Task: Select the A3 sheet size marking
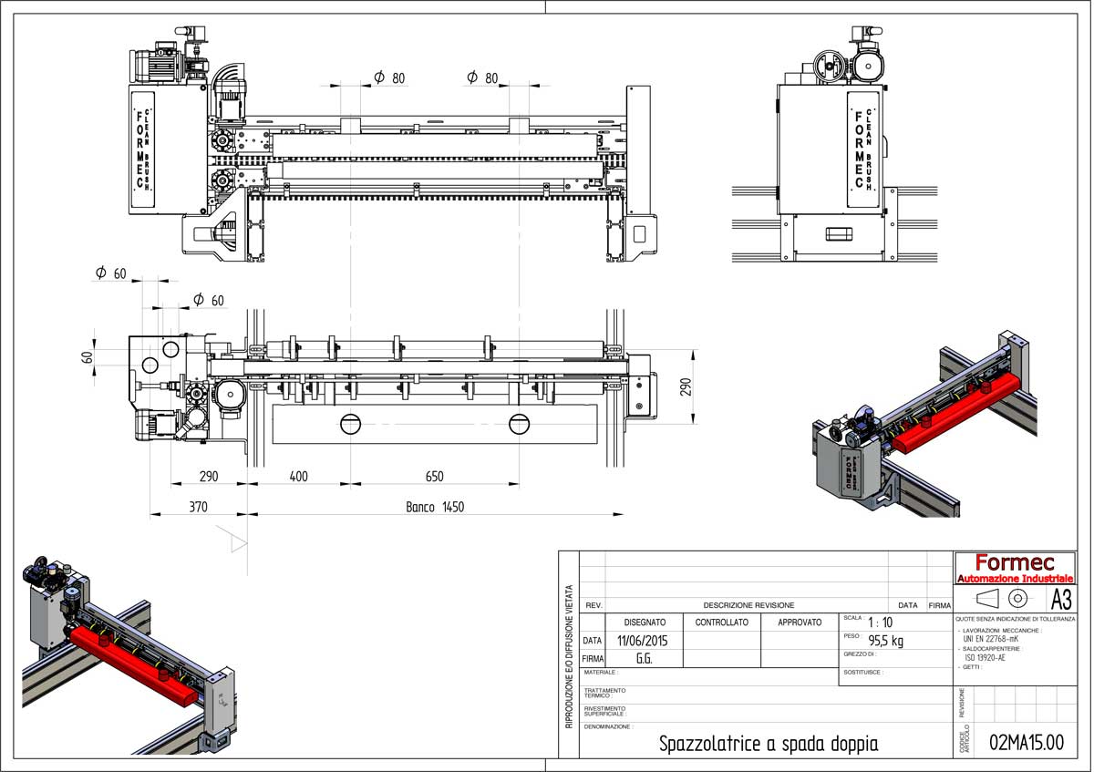click(1061, 599)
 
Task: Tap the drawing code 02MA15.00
click(1027, 742)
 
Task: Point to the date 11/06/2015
click(642, 641)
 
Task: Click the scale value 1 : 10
click(880, 623)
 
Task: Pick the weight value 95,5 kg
click(885, 641)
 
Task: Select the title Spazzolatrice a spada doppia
click(769, 744)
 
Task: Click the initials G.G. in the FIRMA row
click(643, 658)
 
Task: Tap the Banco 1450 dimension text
click(435, 507)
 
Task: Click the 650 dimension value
click(434, 477)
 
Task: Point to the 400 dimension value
click(298, 477)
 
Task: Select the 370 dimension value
click(198, 507)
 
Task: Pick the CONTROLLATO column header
click(721, 623)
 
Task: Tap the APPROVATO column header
click(799, 623)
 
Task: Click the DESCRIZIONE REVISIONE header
click(748, 605)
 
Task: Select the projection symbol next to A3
click(1003, 599)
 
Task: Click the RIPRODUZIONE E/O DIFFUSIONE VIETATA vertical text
click(569, 656)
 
